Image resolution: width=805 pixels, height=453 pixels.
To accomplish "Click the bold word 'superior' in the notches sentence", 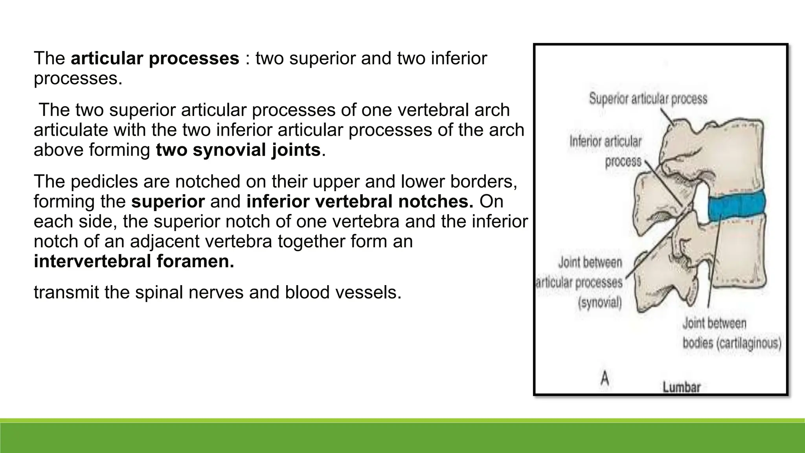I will coord(168,202).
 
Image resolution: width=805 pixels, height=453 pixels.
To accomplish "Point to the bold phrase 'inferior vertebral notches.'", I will coord(360,202).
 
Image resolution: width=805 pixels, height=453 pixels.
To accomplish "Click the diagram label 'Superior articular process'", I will coord(648,99).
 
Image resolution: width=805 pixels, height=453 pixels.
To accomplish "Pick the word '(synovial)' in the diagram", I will coord(600,303).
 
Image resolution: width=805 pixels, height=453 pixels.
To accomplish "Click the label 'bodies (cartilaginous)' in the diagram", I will coord(731,343).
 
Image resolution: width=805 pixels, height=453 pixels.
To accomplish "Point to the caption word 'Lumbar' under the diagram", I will coord(681,387).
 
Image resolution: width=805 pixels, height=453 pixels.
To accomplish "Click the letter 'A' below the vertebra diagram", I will coord(605,379).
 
